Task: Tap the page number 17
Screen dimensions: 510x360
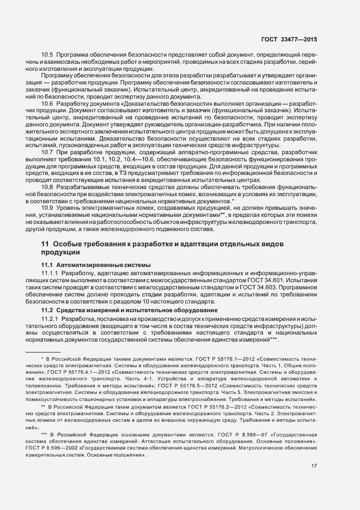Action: coord(314,465)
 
